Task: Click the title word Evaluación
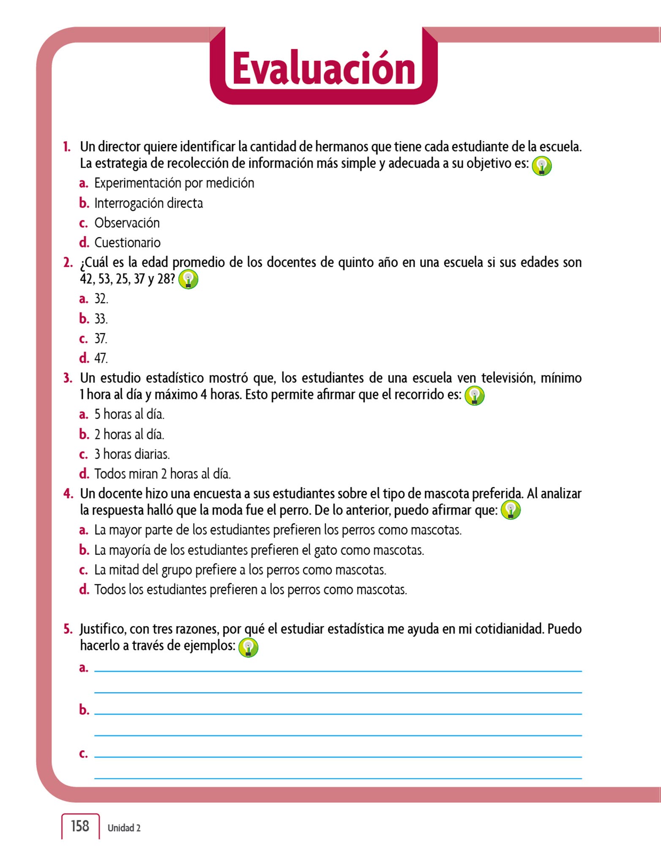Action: [324, 69]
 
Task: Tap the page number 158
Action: [80, 826]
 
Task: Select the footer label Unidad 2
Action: [124, 828]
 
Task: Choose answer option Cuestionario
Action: [127, 243]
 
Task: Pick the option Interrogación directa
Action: [148, 203]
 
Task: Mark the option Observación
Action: [127, 223]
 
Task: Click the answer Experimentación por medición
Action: [174, 183]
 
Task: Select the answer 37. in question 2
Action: [101, 339]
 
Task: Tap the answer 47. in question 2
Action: [101, 358]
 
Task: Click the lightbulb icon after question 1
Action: [542, 166]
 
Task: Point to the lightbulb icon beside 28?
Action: [188, 280]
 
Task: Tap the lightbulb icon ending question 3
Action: [474, 396]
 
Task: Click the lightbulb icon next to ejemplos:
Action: [248, 647]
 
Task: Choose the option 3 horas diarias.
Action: [132, 454]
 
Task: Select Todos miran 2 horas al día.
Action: [162, 474]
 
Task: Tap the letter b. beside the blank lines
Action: [84, 710]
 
